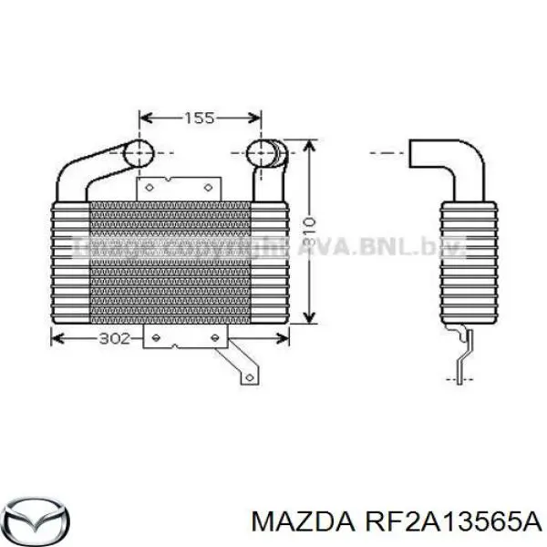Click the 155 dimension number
[200, 118]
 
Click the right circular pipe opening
[263, 152]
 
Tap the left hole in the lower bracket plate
[156, 338]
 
